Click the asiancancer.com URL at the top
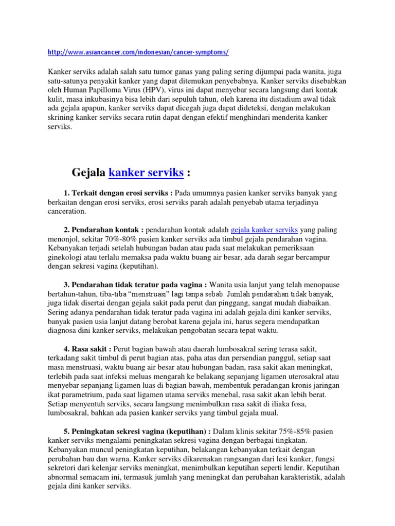coord(137,53)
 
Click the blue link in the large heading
coord(146,173)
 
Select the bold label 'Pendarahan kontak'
coord(107,230)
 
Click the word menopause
coord(322,285)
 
